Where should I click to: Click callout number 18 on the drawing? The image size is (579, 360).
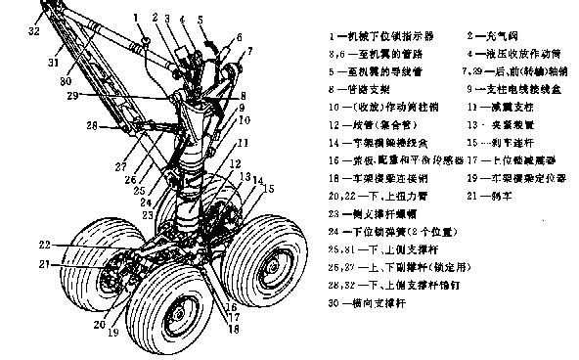pyautogui.click(x=233, y=331)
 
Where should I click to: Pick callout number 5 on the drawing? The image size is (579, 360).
pyautogui.click(x=200, y=19)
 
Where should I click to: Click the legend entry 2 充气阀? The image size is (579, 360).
pyautogui.click(x=500, y=35)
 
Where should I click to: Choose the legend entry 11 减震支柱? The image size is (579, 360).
pyautogui.click(x=499, y=106)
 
